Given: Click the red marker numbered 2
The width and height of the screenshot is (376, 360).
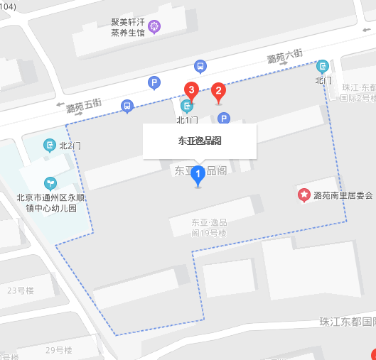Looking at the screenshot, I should click(x=219, y=91).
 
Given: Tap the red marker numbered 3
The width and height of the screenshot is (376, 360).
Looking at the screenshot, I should click(x=190, y=89).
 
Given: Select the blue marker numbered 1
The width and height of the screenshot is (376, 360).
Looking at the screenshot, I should click(x=198, y=173).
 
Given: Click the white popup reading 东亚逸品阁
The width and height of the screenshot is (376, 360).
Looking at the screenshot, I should click(x=199, y=141).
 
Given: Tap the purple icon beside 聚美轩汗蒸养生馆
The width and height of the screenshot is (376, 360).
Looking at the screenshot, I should click(x=154, y=27).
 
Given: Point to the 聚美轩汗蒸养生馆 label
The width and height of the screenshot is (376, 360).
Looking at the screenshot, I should click(x=128, y=27).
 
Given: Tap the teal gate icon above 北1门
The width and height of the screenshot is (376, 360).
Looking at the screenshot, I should click(x=186, y=107).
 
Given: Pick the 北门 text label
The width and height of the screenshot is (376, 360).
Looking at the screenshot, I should click(x=323, y=80).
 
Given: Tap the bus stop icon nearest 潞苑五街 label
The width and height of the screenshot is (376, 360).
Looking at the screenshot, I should click(x=127, y=107).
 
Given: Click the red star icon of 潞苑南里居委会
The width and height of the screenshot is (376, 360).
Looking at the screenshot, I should click(x=304, y=195).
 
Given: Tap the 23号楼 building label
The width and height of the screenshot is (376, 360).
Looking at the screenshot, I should click(x=21, y=290).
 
